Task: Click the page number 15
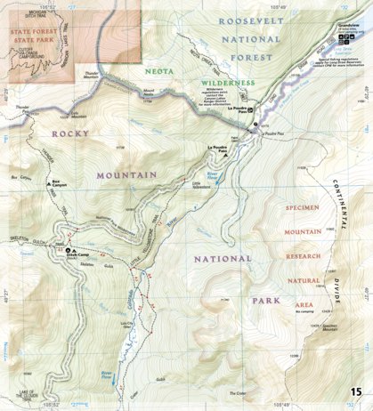[x=355, y=392]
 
